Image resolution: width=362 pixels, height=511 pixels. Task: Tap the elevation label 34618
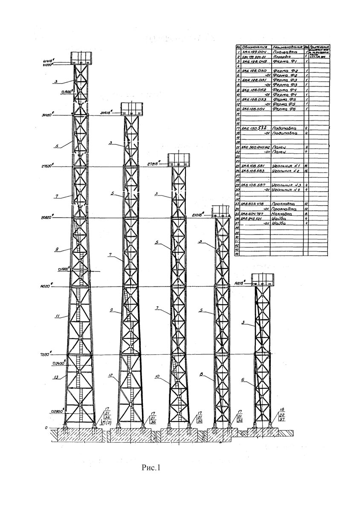pos(106,113)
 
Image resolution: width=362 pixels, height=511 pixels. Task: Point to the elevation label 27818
pos(153,163)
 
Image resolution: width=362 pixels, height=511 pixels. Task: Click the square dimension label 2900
pos(58,411)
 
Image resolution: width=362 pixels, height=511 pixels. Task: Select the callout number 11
pos(57,316)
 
